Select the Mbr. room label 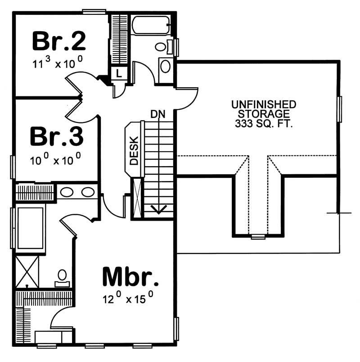130,276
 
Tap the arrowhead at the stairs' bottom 158,209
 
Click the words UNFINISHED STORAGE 264,109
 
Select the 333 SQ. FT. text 264,124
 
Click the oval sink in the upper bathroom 166,67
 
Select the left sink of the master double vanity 67,192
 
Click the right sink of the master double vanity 88,192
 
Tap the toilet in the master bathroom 62,276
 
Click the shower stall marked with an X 27,271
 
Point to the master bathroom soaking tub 30,227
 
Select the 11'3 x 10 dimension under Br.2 57,63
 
